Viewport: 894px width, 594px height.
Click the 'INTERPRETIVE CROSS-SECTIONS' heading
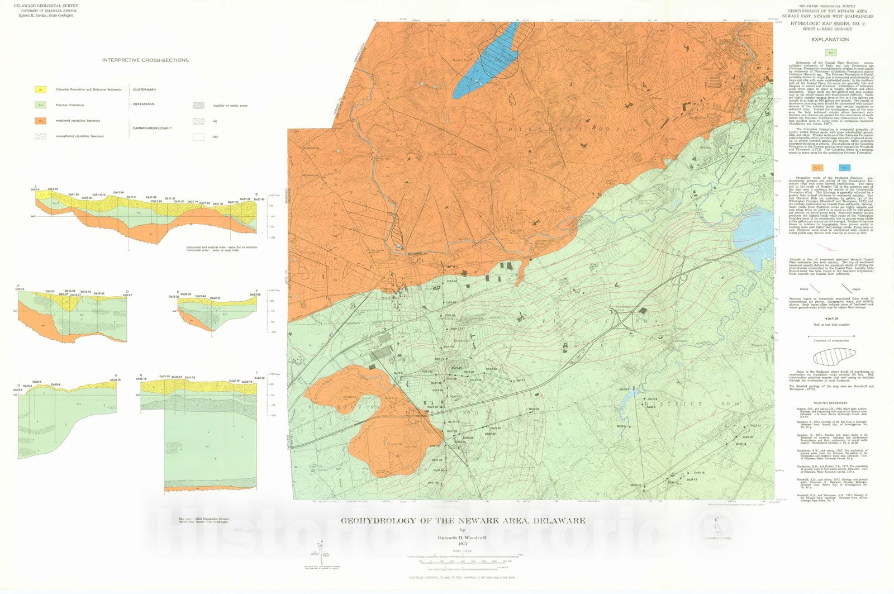click(x=145, y=60)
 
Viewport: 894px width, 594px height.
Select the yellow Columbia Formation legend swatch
click(x=40, y=89)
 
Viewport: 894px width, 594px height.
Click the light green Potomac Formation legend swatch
click(x=40, y=104)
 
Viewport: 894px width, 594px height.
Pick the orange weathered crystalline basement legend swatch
click(x=40, y=120)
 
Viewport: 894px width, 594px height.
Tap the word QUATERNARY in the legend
click(x=144, y=89)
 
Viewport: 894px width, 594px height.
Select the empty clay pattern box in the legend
click(x=198, y=136)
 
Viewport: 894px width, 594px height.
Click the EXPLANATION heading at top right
click(x=830, y=40)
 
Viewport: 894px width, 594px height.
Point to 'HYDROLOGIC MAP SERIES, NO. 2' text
click(x=830, y=25)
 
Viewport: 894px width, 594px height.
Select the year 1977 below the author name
click(x=462, y=543)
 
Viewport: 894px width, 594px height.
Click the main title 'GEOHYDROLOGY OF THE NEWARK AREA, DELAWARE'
click(x=463, y=521)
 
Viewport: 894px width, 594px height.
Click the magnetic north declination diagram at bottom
click(x=319, y=550)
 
